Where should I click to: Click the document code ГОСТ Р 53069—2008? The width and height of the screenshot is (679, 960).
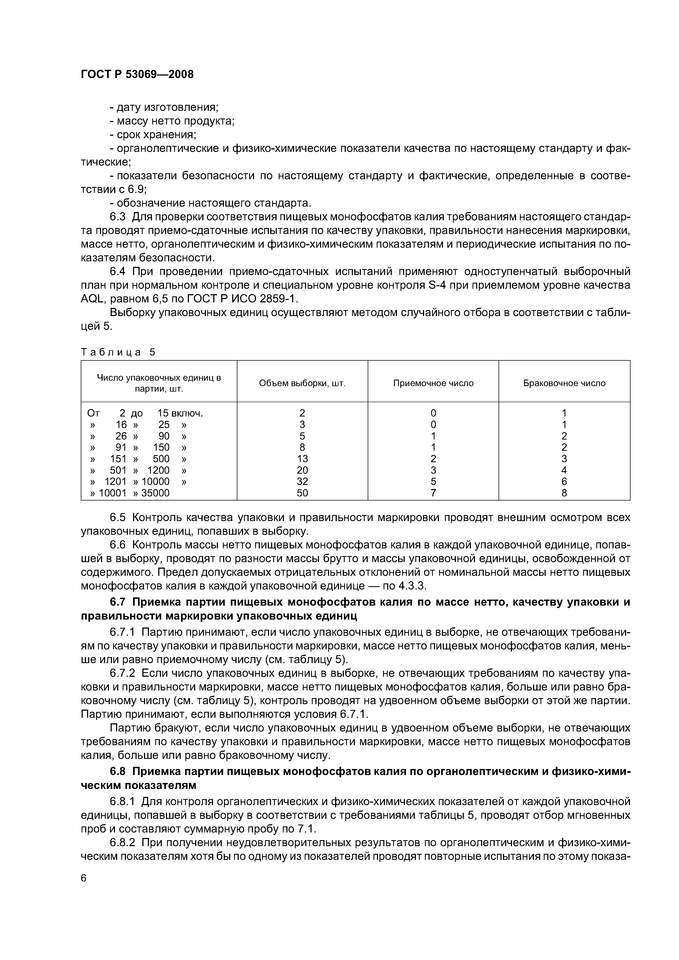pyautogui.click(x=137, y=74)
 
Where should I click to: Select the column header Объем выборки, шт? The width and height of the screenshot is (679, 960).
pyautogui.click(x=302, y=383)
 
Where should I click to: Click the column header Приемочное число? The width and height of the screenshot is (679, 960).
pyautogui.click(x=433, y=383)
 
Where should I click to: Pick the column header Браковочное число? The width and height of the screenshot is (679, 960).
pyautogui.click(x=564, y=383)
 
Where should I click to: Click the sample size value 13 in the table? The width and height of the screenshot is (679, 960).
pyautogui.click(x=302, y=459)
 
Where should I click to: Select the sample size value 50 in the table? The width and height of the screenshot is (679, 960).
pyautogui.click(x=302, y=493)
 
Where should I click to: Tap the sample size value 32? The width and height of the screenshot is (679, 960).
pyautogui.click(x=302, y=482)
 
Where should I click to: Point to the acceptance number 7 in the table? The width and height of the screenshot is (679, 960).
pyautogui.click(x=433, y=493)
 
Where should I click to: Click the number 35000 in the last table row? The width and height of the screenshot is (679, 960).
pyautogui.click(x=155, y=493)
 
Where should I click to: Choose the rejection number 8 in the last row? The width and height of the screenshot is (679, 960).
pyautogui.click(x=564, y=493)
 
